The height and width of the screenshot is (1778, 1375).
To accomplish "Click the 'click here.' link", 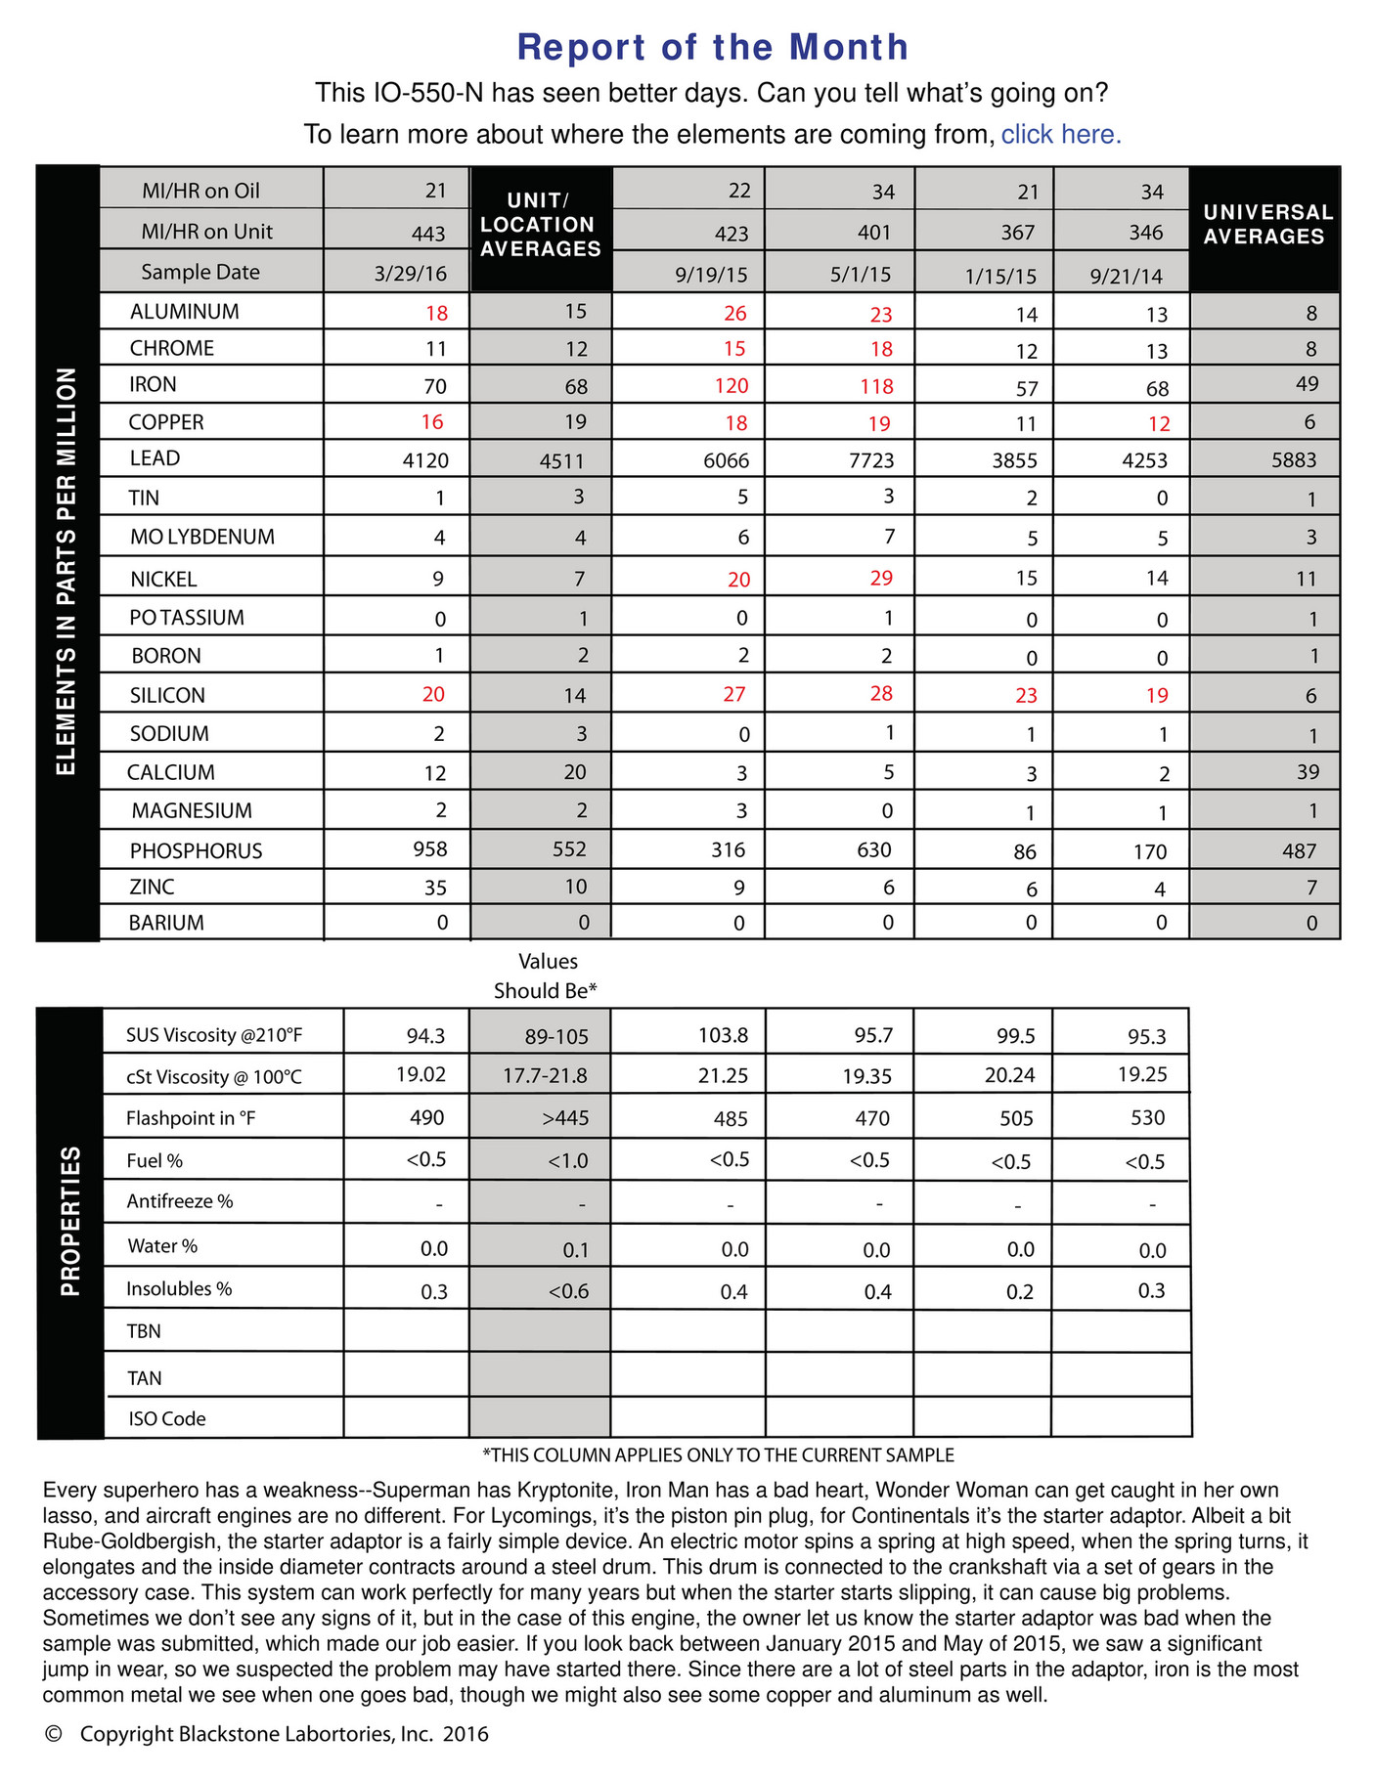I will click(x=1060, y=135).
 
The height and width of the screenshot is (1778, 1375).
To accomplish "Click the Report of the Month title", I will click(x=712, y=47).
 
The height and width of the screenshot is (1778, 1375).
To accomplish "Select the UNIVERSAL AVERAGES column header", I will click(x=1267, y=225).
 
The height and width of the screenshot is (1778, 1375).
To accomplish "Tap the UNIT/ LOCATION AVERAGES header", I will click(x=541, y=225).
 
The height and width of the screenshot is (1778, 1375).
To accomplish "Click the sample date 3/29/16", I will click(x=410, y=275).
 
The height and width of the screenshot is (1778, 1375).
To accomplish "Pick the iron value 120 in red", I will click(x=731, y=386).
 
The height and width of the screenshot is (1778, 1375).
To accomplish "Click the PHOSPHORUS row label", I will click(x=196, y=851).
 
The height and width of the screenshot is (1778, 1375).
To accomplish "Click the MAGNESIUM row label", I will click(x=192, y=811).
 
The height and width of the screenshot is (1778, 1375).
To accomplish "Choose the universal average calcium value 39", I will click(x=1307, y=772).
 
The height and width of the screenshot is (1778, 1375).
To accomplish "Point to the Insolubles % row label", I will click(x=179, y=1289).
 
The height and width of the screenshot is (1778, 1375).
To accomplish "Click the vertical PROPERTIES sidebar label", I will click(x=70, y=1222).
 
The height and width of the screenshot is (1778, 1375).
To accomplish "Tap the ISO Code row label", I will click(x=166, y=1419).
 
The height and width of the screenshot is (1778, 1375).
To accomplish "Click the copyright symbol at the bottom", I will click(x=54, y=1734).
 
